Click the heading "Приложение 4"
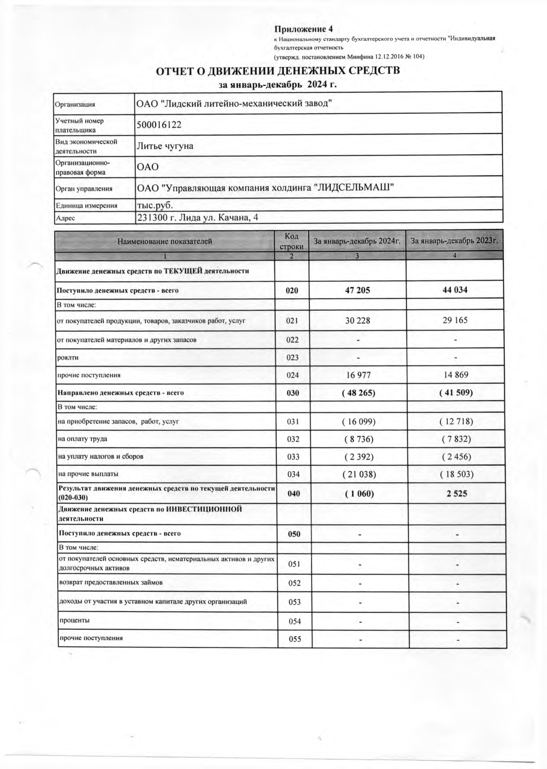pyautogui.click(x=303, y=29)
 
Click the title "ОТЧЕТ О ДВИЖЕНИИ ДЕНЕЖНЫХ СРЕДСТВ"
pyautogui.click(x=278, y=71)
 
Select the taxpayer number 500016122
pyautogui.click(x=159, y=125)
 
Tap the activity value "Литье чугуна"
pyautogui.click(x=165, y=146)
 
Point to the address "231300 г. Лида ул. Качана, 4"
pyautogui.click(x=198, y=217)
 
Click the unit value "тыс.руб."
pyautogui.click(x=155, y=206)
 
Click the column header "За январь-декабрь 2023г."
pyautogui.click(x=454, y=241)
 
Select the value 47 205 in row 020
pyautogui.click(x=357, y=290)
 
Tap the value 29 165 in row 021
pyautogui.click(x=455, y=320)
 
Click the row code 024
pyautogui.click(x=292, y=375)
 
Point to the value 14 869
pyautogui.click(x=455, y=375)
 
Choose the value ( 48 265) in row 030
pyautogui.click(x=359, y=393)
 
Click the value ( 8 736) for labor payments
pyautogui.click(x=359, y=439)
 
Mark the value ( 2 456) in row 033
pyautogui.click(x=456, y=457)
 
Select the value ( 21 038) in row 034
pyautogui.click(x=359, y=474)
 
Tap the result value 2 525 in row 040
pyautogui.click(x=456, y=494)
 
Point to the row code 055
pyautogui.click(x=295, y=639)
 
